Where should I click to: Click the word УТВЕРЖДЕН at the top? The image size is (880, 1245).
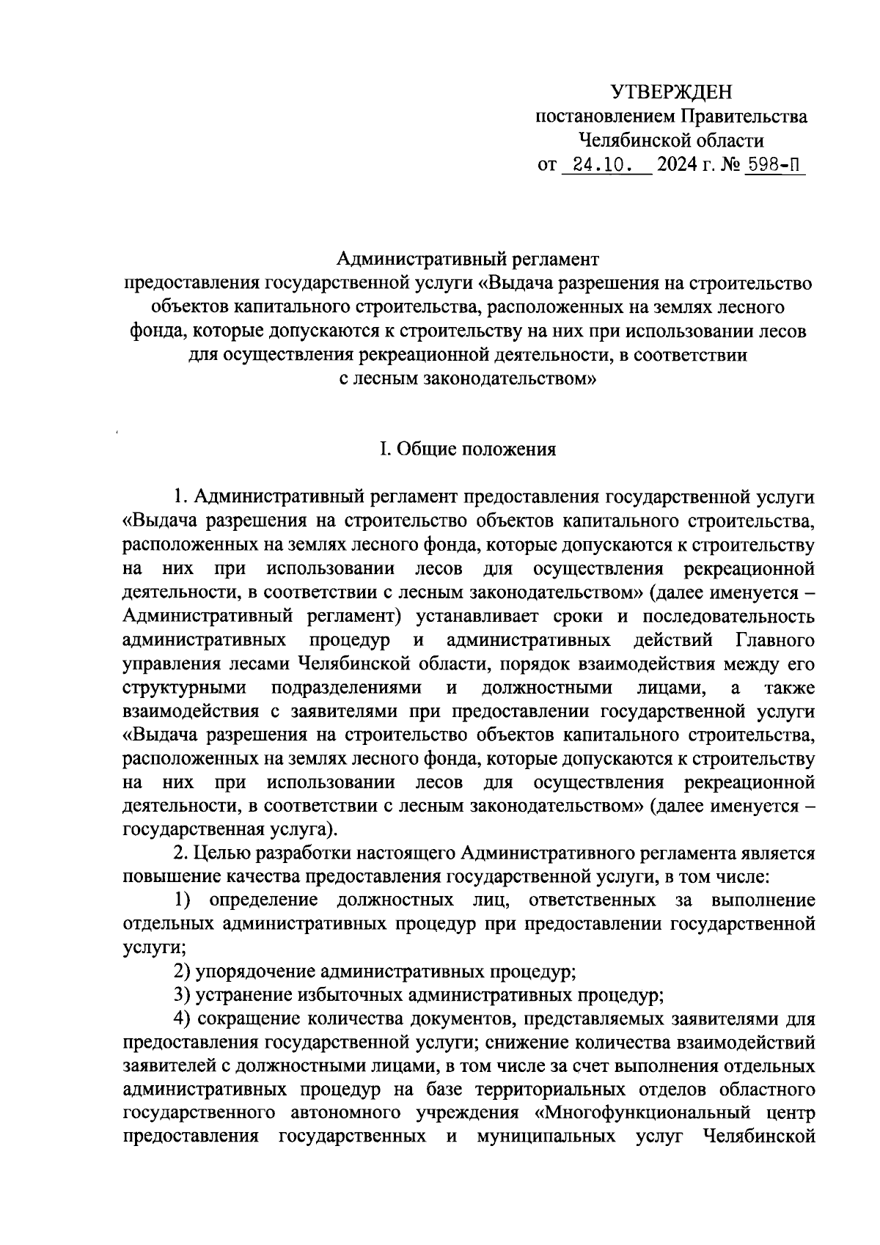(672, 92)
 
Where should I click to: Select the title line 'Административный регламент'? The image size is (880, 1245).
(468, 258)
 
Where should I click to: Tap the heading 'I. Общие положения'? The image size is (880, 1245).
(467, 449)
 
